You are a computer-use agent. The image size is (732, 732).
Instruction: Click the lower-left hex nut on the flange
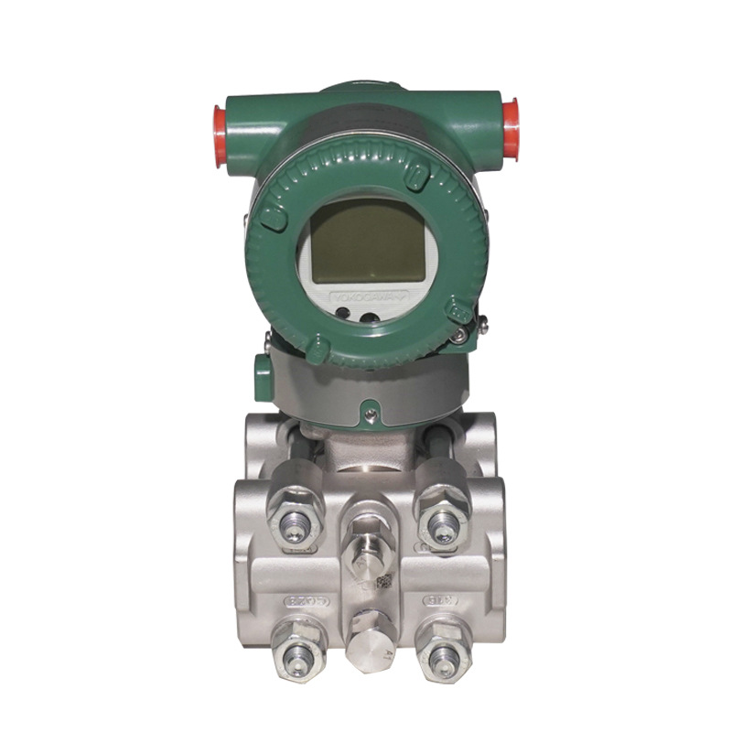[x=296, y=651]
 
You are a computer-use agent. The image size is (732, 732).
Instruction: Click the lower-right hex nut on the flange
[x=442, y=651]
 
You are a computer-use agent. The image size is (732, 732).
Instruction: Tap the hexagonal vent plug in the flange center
[x=368, y=545]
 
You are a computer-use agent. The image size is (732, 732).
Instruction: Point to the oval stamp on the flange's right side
[x=436, y=601]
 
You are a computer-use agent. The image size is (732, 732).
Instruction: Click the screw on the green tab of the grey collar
[x=369, y=414]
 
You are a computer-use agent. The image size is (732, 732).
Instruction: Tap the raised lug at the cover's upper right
[x=417, y=176]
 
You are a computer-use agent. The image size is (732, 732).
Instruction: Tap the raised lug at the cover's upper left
[x=273, y=216]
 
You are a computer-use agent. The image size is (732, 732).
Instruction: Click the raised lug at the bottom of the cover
[x=318, y=349]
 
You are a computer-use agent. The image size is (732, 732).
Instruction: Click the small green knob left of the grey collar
[x=263, y=376]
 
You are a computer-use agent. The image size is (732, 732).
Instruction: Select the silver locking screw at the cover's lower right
[x=456, y=339]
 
